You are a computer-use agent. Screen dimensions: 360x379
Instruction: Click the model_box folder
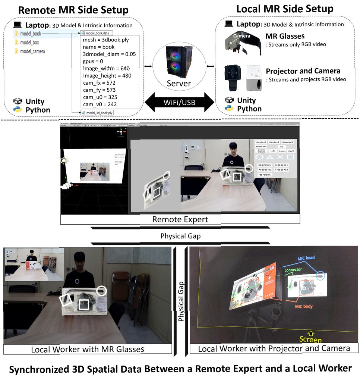pos(29,43)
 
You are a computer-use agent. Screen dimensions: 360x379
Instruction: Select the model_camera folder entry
pos(32,51)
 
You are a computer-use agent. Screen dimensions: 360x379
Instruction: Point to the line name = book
pos(98,47)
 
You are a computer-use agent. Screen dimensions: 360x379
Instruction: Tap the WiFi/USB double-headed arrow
pos(180,101)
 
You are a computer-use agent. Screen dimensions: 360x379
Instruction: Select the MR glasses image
pos(242,43)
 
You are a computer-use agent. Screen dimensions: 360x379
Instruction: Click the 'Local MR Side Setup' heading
pos(285,9)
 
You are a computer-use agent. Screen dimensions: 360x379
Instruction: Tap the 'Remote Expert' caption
pos(180,219)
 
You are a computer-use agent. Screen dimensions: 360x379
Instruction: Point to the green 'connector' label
pos(293,270)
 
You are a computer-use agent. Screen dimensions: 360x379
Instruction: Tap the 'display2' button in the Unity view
pos(274,142)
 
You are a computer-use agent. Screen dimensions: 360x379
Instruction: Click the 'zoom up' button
pos(261,147)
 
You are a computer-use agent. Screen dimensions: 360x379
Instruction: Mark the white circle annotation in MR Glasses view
pos(102,291)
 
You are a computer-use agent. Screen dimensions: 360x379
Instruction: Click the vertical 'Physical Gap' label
pos(181,303)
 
